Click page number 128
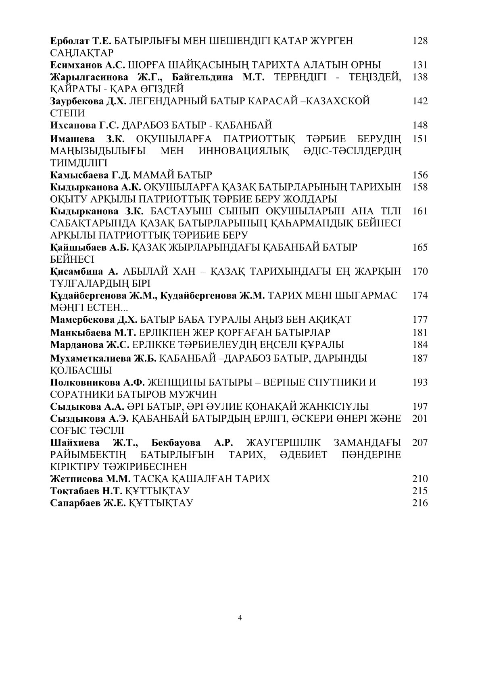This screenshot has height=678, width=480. [x=420, y=41]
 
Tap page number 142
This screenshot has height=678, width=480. [x=420, y=101]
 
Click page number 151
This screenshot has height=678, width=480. [x=420, y=139]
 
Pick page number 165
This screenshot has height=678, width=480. [x=420, y=247]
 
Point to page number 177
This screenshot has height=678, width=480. [x=420, y=320]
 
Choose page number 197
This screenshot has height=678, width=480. [x=420, y=406]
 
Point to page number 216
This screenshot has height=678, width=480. [x=420, y=503]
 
